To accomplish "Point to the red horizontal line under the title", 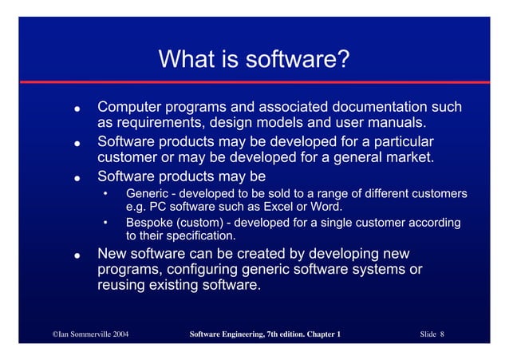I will tap(254, 82).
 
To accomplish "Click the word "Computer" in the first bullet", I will tap(131, 107).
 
